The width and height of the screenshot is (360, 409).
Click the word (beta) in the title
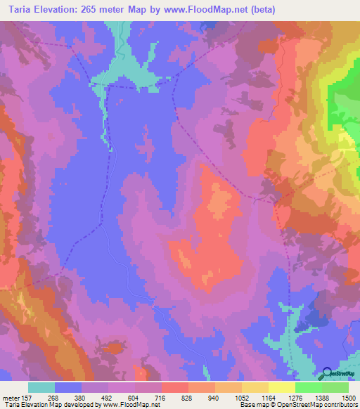tap(261, 9)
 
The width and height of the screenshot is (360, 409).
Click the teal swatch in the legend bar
tap(41, 387)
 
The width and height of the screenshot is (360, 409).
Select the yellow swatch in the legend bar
tap(281, 387)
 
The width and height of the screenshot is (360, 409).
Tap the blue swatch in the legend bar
tap(68, 387)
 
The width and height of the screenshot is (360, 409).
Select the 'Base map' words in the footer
tap(251, 405)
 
